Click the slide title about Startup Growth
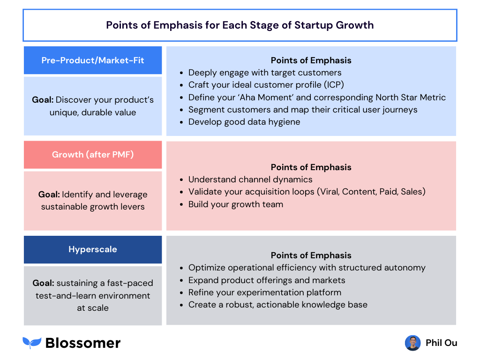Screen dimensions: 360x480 [240, 25]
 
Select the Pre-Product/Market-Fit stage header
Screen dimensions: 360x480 [93, 60]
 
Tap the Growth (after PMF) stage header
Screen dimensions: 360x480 [93, 155]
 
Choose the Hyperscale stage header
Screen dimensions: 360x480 [93, 249]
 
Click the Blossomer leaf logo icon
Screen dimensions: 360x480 [32, 343]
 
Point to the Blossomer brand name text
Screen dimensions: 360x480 [83, 343]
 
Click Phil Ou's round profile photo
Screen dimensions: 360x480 [412, 343]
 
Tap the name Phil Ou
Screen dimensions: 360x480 [441, 343]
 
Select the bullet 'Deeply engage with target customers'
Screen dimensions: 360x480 [265, 73]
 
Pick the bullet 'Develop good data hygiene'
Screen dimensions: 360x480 [244, 122]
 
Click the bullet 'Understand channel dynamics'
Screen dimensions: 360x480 [250, 180]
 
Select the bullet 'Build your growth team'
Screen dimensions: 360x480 [236, 204]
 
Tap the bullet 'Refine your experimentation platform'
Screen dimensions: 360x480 [265, 292]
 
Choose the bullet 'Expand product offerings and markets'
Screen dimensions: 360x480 [267, 280]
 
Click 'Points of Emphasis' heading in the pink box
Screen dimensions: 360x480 [311, 167]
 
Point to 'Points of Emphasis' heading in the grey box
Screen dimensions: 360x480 [311, 255]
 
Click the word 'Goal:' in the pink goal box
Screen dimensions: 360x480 [49, 195]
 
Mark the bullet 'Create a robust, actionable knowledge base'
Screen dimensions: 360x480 [278, 305]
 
